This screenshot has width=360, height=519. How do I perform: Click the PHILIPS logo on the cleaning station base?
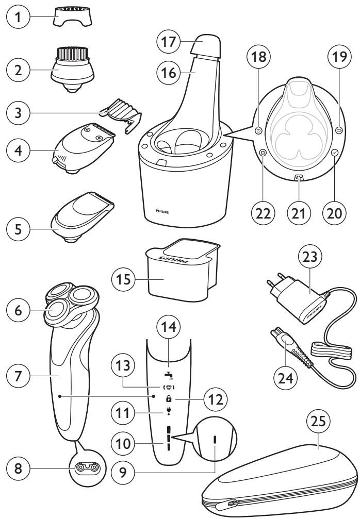[x=163, y=211]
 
